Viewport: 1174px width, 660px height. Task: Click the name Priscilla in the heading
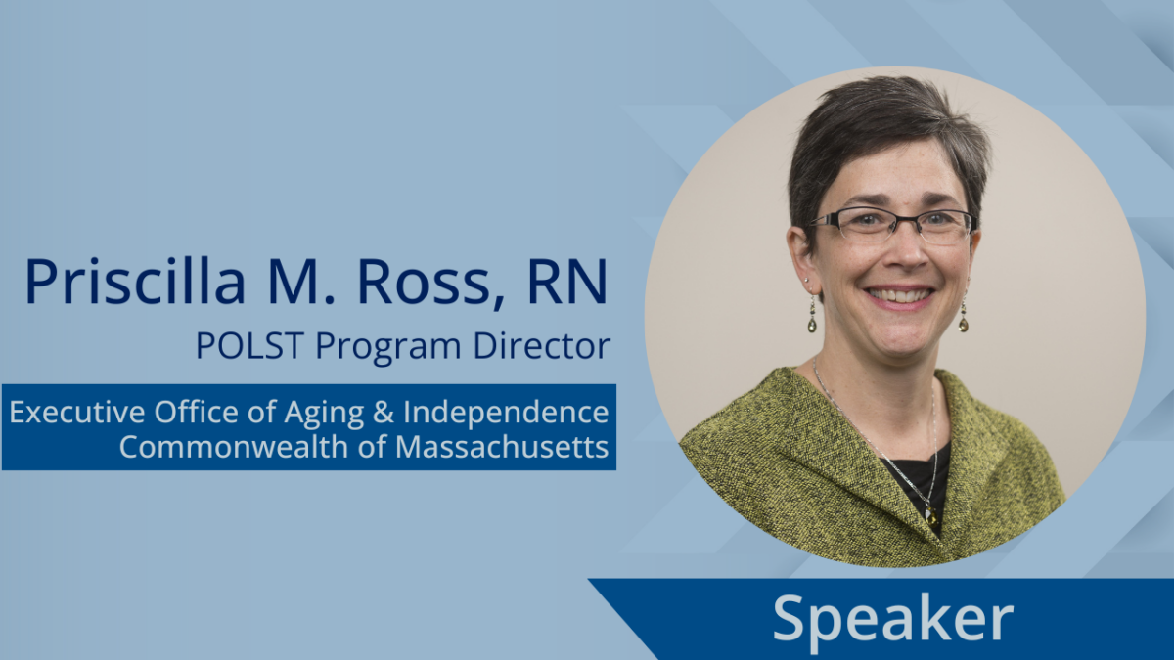click(x=135, y=281)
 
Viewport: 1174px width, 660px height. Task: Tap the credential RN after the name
click(x=567, y=281)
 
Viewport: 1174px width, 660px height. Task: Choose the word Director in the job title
click(x=541, y=345)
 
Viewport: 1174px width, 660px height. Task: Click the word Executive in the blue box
click(x=77, y=412)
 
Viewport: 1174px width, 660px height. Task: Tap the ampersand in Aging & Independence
click(x=384, y=413)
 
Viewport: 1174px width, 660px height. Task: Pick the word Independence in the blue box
click(x=506, y=413)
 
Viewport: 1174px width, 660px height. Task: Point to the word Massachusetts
click(x=502, y=447)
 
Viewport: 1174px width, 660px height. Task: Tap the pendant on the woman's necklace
click(x=930, y=516)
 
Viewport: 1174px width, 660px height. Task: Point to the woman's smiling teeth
click(x=899, y=296)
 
